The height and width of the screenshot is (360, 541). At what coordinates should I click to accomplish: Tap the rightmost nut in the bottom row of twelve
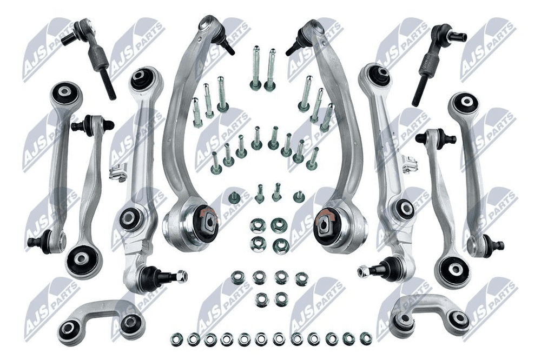pos(365,338)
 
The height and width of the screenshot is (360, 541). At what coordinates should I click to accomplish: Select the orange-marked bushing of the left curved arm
pos(206,222)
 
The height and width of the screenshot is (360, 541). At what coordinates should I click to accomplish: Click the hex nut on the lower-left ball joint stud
pos(181,276)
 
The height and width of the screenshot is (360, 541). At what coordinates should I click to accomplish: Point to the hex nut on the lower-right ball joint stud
pos(364,271)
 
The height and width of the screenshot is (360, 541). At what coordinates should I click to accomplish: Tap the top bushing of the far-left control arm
pos(65,93)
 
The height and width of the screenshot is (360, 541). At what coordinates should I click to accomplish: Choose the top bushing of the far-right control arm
pos(464,102)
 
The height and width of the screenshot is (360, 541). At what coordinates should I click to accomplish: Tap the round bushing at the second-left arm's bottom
pos(84,260)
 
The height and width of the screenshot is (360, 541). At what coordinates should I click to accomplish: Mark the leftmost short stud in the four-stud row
pos(234,196)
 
